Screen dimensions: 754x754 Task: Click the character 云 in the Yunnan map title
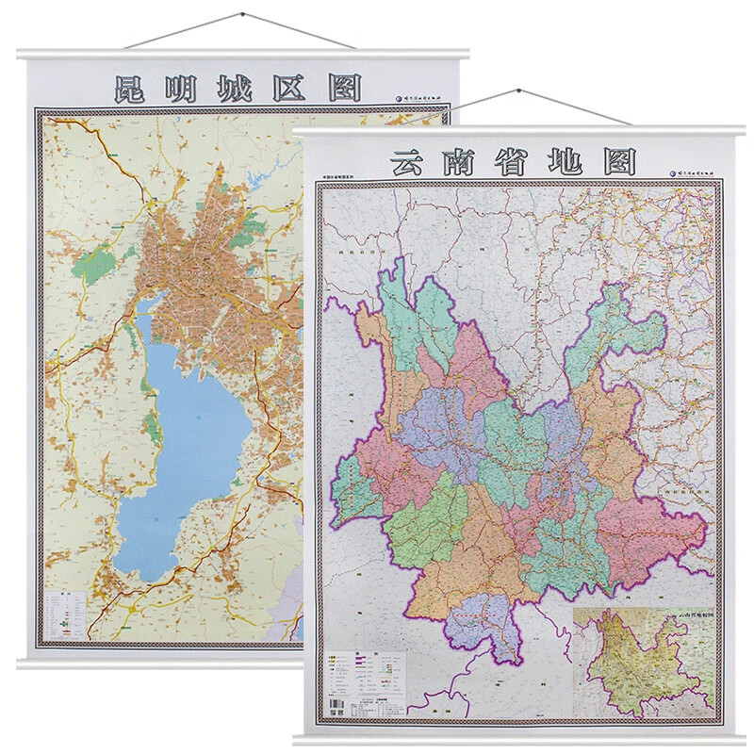(x=408, y=161)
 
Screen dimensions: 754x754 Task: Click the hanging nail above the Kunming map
(x=243, y=13)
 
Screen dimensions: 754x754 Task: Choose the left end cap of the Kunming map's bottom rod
(x=23, y=664)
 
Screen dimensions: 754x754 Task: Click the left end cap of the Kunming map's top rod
(x=25, y=54)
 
